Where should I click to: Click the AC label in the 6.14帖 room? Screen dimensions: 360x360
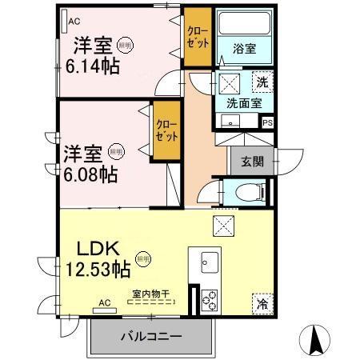coord(74,22)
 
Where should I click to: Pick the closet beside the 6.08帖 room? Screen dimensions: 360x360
coord(166,130)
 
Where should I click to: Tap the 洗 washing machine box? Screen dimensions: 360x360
coord(262,80)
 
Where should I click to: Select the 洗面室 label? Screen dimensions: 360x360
coord(244,102)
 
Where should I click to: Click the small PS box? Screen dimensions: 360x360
coord(267,122)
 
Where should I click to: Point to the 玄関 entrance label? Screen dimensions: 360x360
coord(246,160)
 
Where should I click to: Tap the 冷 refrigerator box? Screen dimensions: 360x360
coord(262,302)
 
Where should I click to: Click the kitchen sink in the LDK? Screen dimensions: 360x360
coord(211,262)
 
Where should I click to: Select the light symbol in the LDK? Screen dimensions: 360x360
coord(142,259)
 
